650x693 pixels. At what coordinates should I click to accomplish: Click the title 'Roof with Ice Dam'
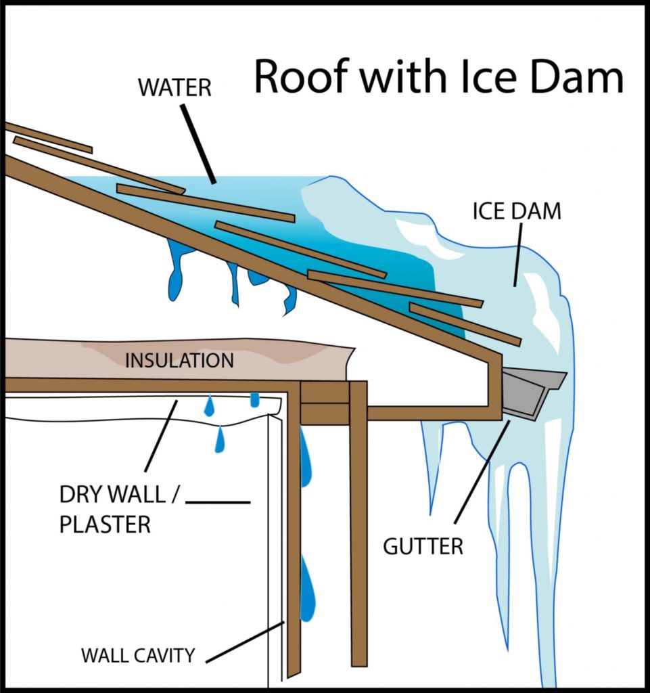(438, 76)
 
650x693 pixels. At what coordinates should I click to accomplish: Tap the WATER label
(176, 89)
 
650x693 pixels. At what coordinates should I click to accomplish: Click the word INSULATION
(179, 359)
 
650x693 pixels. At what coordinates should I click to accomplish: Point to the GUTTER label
(423, 546)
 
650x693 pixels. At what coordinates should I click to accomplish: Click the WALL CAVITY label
(138, 655)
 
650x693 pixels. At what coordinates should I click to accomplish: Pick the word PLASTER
(105, 524)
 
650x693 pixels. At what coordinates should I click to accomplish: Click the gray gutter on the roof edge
(531, 393)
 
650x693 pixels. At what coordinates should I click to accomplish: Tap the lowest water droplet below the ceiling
(220, 440)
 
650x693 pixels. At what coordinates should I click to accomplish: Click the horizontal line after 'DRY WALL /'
(218, 502)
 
